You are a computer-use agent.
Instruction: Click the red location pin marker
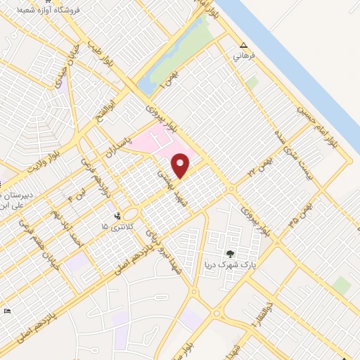pos(181,166)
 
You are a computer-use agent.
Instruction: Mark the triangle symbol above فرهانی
pos(243,43)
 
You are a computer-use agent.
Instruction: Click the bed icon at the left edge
pos(8,311)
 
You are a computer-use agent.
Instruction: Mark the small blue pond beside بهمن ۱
pos(146,87)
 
